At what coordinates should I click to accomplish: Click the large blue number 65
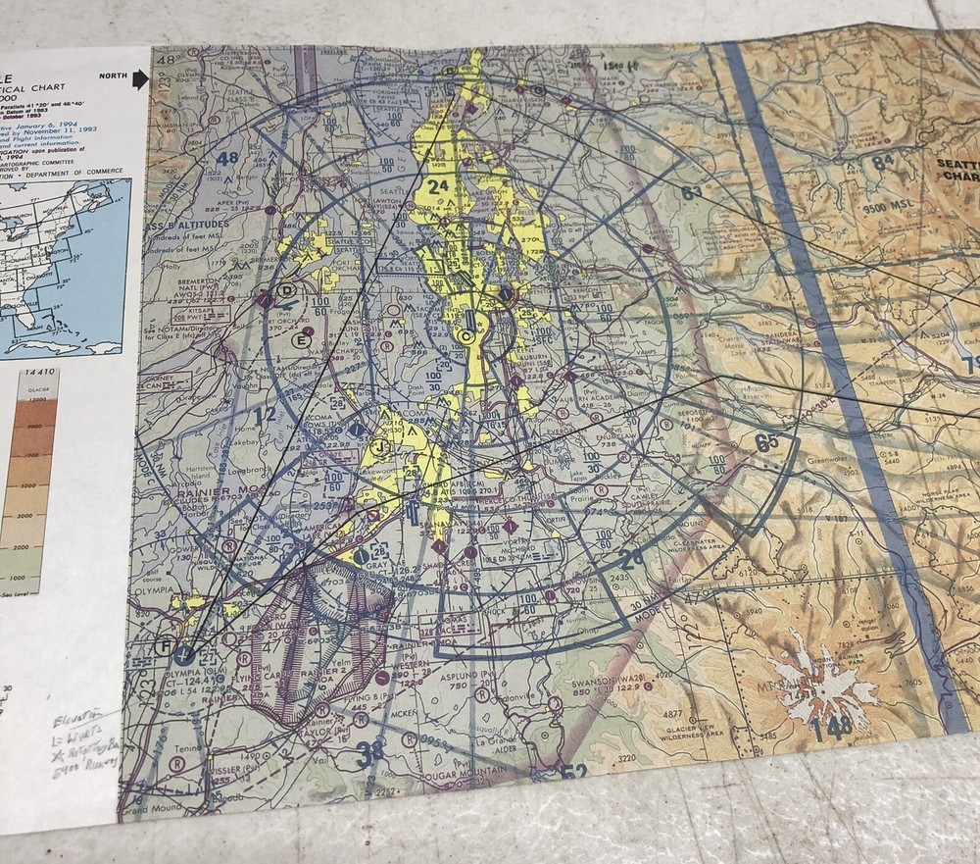click(766, 441)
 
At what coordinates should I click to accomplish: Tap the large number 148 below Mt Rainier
click(830, 727)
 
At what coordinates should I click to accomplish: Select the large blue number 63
click(692, 192)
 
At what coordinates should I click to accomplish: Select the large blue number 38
click(370, 752)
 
